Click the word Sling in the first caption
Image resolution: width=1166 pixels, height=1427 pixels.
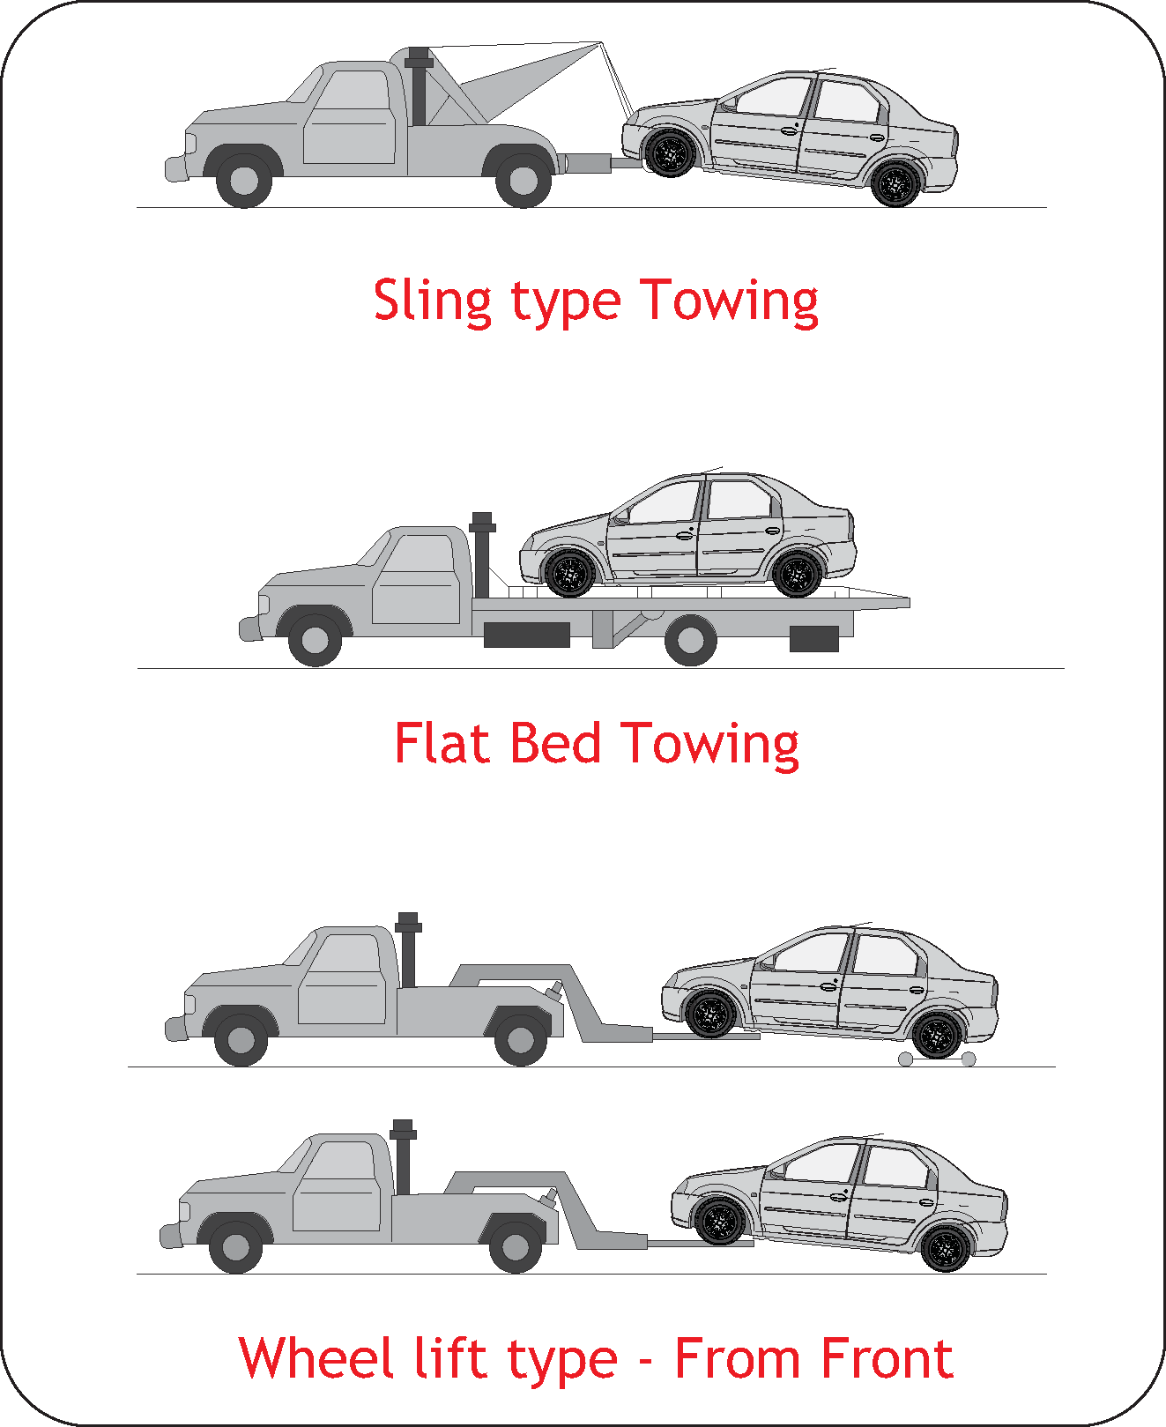point(432,301)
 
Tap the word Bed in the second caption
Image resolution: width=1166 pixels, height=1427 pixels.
point(555,743)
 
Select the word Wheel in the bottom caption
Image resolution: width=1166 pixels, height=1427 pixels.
point(316,1357)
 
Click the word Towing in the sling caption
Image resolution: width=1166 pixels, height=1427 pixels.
point(730,301)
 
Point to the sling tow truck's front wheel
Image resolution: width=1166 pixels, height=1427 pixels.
point(244,180)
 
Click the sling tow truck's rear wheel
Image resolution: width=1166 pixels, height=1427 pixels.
point(524,180)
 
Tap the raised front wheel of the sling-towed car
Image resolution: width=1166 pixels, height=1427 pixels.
point(671,152)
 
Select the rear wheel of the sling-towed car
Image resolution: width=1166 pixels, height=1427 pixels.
point(895,183)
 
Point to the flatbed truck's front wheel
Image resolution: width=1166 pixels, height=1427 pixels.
point(315,640)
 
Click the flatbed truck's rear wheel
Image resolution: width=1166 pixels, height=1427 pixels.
point(690,640)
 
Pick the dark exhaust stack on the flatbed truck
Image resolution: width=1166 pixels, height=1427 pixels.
point(481,554)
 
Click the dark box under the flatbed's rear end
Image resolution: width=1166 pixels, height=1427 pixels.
point(813,639)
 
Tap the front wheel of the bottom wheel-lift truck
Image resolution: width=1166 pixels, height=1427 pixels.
point(236,1246)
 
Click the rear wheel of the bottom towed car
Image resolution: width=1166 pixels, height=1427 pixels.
point(946,1248)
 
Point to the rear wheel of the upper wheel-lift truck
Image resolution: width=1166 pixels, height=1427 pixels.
point(521,1040)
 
